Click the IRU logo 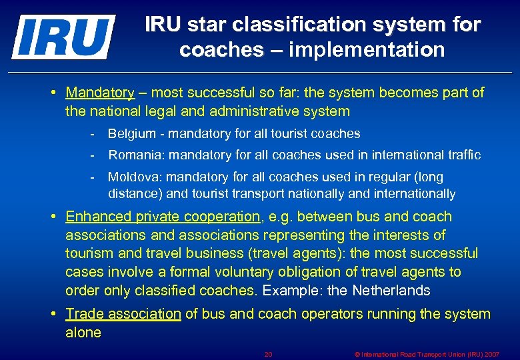[63, 37]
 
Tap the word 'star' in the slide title [204, 25]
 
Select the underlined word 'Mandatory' [100, 93]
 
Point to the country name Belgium [131, 134]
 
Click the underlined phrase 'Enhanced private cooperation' [163, 217]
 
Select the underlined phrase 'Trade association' [123, 314]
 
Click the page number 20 [268, 354]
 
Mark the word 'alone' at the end [83, 333]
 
